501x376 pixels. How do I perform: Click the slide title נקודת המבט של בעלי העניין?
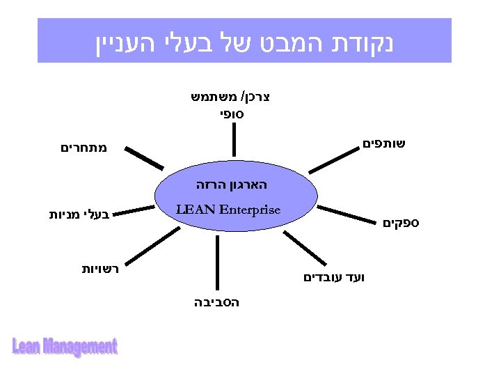(244, 41)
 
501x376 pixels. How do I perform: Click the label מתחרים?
(83, 148)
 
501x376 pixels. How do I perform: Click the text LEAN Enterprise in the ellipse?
(228, 210)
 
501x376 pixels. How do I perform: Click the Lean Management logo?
(65, 346)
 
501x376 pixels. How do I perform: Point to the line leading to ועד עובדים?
(305, 248)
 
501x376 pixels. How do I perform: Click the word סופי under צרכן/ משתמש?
(232, 111)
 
